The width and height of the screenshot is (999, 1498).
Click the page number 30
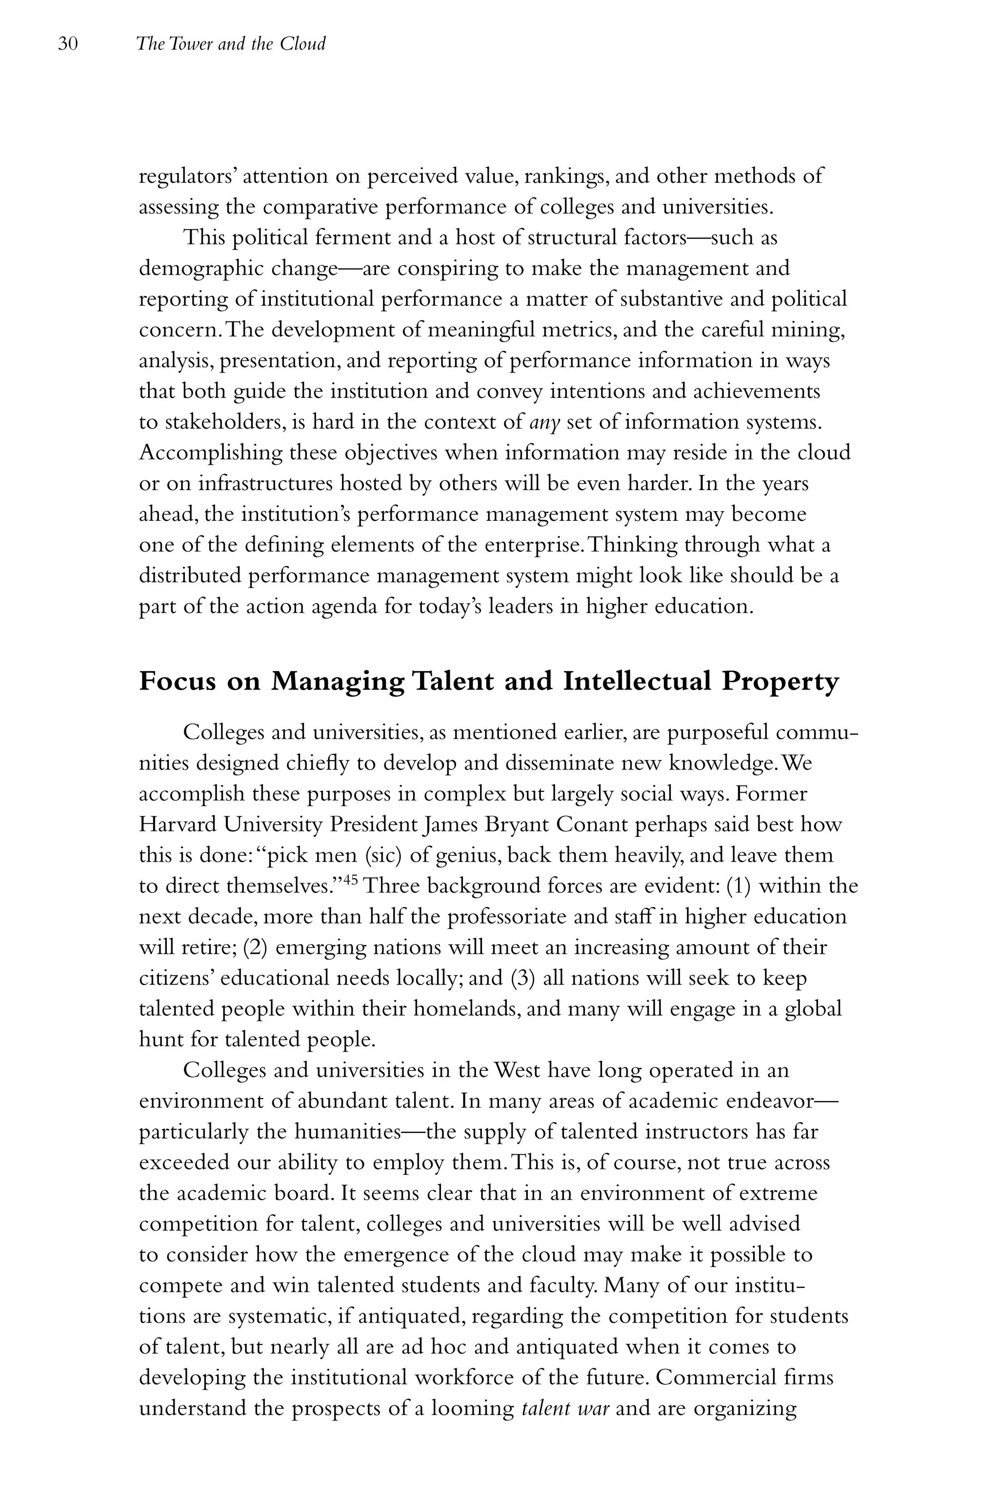[x=67, y=44]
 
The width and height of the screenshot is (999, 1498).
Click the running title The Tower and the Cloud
[x=231, y=44]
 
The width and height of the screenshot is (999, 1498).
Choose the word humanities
[x=347, y=1132]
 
